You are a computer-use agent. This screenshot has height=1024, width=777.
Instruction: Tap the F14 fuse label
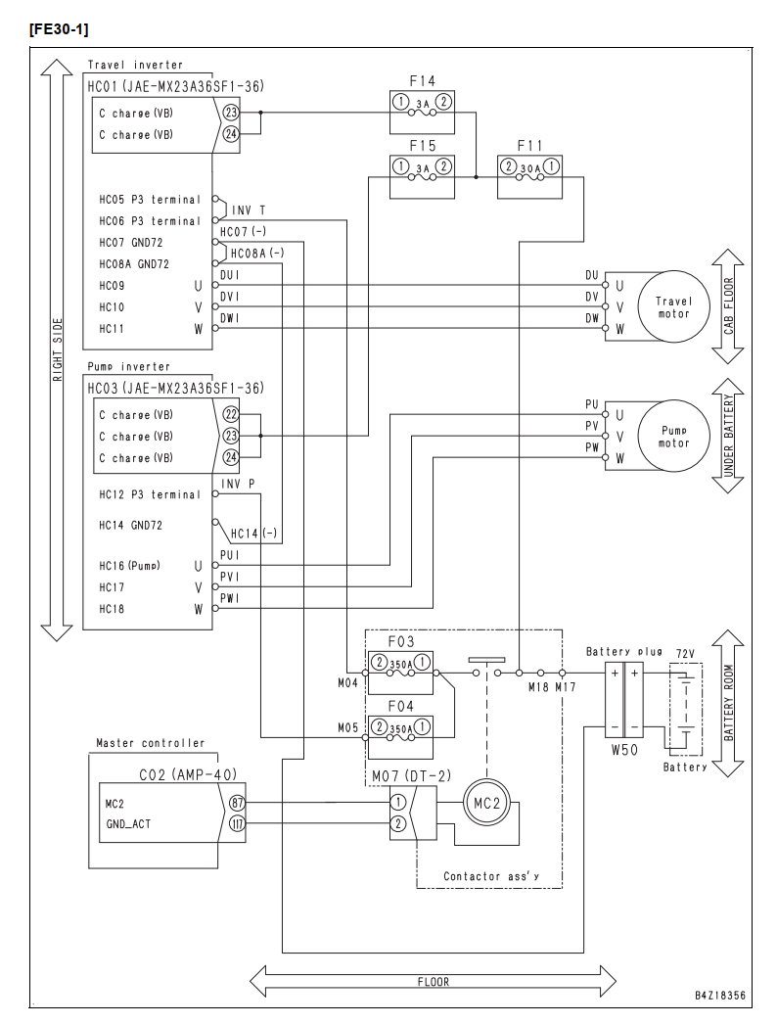click(x=422, y=81)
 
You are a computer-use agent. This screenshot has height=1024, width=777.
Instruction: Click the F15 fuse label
click(x=422, y=146)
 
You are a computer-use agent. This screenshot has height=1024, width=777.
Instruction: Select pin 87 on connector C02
click(x=237, y=803)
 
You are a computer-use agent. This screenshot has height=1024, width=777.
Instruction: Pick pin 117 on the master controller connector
click(x=237, y=823)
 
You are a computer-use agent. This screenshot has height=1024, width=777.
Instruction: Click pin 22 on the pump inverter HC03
click(x=231, y=414)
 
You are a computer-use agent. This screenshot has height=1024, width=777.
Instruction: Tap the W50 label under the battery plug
click(x=624, y=750)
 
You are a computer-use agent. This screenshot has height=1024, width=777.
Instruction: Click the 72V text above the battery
click(x=685, y=654)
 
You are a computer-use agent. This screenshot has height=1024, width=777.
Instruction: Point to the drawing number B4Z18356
click(x=719, y=996)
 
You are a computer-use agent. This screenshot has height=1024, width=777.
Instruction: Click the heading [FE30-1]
click(x=59, y=29)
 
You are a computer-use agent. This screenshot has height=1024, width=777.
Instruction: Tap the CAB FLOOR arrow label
click(x=729, y=305)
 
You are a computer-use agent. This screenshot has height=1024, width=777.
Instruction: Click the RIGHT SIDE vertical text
click(x=58, y=349)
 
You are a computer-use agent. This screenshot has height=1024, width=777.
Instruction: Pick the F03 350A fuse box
click(x=400, y=673)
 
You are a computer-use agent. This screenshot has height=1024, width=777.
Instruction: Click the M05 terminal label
click(x=347, y=727)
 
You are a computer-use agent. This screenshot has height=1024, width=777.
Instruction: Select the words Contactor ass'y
click(x=491, y=876)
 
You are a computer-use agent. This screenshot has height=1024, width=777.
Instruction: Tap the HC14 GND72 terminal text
click(x=130, y=525)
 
